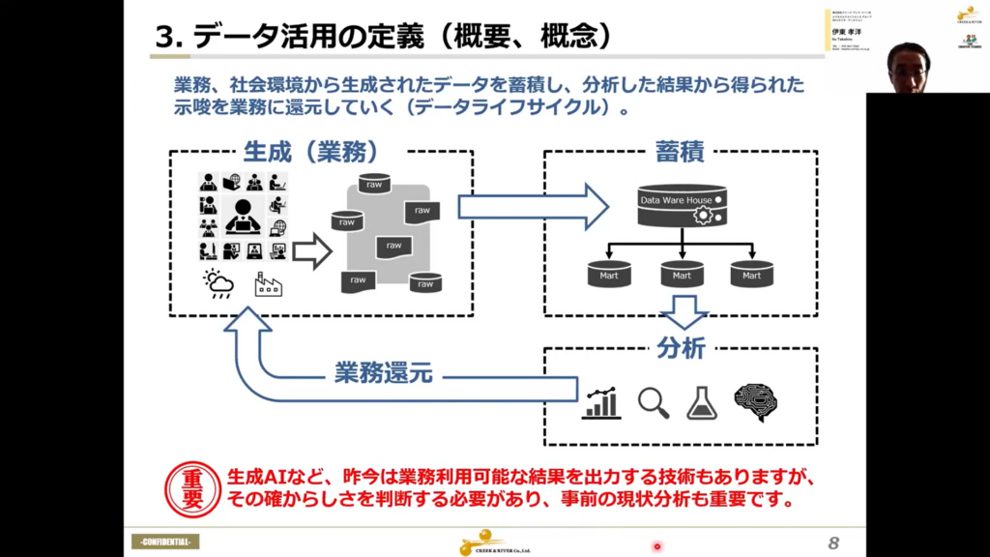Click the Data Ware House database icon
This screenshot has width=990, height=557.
click(682, 205)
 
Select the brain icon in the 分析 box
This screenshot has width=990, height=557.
click(756, 402)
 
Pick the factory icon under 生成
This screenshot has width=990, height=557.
click(268, 283)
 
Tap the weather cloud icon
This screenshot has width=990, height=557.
click(218, 283)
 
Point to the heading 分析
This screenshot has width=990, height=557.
click(681, 348)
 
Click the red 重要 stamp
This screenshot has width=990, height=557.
click(192, 490)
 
